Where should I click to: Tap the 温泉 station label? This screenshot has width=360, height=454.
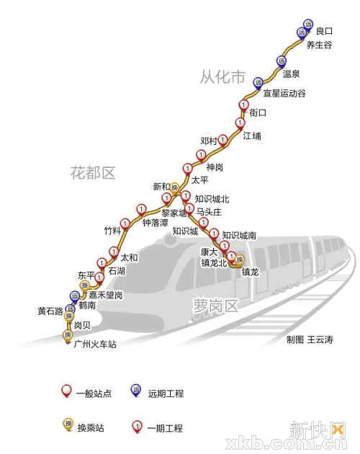coord(291,74)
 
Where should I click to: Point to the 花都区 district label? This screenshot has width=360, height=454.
coord(93,172)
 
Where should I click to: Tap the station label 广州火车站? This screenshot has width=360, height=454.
coord(95,344)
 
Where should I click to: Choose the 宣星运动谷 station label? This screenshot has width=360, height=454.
coord(284,94)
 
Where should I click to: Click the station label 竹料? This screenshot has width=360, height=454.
coord(113,231)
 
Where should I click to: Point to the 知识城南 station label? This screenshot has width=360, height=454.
coord(239,235)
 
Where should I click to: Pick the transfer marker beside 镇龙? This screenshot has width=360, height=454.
coord(240,260)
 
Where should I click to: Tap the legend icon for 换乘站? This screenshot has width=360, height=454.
coord(68,424)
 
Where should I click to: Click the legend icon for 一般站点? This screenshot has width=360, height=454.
coord(67,391)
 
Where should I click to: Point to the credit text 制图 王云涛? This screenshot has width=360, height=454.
coord(310,339)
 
